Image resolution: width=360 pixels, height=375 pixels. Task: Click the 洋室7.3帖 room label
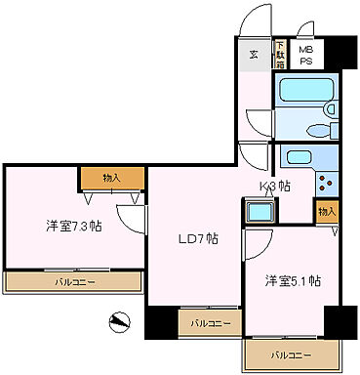point(73,226)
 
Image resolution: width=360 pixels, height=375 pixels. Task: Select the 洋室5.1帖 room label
point(293,281)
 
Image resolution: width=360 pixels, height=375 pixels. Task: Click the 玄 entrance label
point(253,55)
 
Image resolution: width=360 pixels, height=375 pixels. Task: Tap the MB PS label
point(306,54)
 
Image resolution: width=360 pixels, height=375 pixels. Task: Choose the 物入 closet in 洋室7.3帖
point(112,178)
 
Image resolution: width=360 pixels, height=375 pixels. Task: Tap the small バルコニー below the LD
point(210,322)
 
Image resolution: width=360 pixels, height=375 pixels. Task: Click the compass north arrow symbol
point(119,320)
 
